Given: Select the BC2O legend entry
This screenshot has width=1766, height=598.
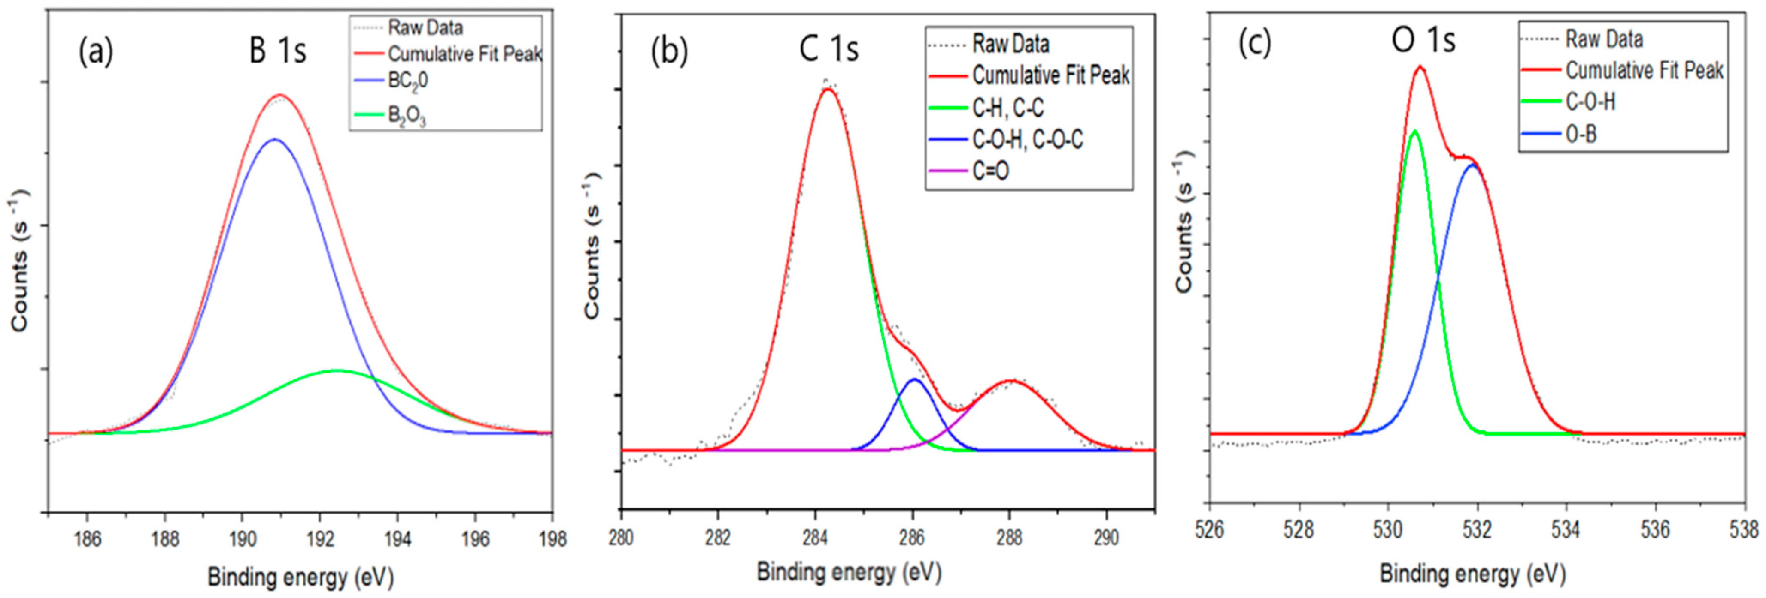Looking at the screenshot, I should (x=408, y=81).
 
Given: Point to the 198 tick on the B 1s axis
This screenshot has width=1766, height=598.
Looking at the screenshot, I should (x=552, y=539).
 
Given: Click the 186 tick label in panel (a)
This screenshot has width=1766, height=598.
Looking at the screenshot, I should (x=87, y=539).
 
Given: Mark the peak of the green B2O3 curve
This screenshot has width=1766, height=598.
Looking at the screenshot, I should (x=337, y=370).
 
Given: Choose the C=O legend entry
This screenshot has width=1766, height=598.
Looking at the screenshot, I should (x=991, y=171).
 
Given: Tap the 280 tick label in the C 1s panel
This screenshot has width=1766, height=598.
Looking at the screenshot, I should (x=621, y=536).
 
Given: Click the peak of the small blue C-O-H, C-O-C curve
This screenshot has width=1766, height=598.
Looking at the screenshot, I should (x=914, y=379).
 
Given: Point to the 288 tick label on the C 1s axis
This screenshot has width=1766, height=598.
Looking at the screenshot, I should (x=1009, y=536).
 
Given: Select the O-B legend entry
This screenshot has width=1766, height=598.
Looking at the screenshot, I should (x=1581, y=134).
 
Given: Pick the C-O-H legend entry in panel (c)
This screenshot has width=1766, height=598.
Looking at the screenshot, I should (x=1590, y=102).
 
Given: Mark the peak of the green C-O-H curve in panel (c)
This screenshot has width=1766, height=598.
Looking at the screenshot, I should (x=1414, y=131).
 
